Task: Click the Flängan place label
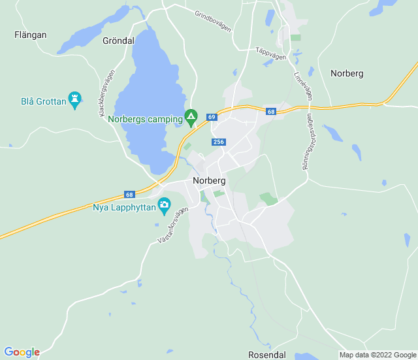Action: click(x=30, y=35)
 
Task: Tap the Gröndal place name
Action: click(x=118, y=41)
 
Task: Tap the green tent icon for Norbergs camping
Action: click(x=191, y=118)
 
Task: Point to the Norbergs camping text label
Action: click(x=145, y=120)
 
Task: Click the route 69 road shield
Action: click(x=211, y=117)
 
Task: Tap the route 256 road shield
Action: click(x=218, y=142)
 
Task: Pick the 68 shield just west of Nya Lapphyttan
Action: click(x=129, y=195)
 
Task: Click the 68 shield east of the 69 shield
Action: click(x=271, y=112)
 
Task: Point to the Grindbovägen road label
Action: click(x=213, y=22)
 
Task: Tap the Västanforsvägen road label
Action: click(x=173, y=225)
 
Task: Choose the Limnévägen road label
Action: click(x=303, y=86)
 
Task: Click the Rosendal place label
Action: click(x=267, y=354)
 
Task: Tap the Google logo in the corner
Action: click(x=22, y=352)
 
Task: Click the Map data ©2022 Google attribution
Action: click(x=377, y=355)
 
